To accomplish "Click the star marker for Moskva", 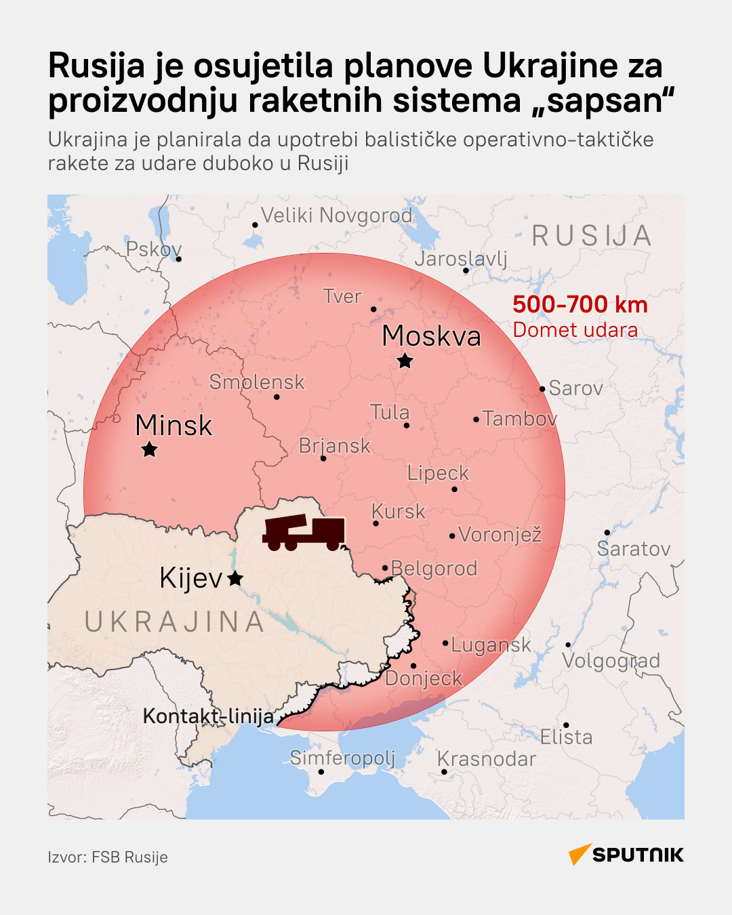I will tap(405, 361).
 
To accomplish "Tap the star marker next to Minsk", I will tap(149, 449).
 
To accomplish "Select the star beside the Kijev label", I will tap(235, 578).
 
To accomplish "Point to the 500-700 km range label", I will tap(579, 304).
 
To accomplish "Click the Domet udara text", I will tap(575, 330).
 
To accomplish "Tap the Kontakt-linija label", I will tap(208, 716).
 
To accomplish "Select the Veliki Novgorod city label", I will tap(336, 216).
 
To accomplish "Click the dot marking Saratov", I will tap(607, 533).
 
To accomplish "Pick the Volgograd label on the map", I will tap(611, 661).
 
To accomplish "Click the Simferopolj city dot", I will tap(321, 771).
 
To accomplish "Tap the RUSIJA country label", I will tap(591, 236).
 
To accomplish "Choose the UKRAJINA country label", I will tap(174, 622).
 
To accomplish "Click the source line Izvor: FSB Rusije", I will tap(108, 857).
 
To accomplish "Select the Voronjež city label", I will tap(500, 535).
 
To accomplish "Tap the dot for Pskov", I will tap(179, 259).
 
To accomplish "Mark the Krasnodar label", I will tap(486, 759).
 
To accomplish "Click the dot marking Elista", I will tap(566, 725).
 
